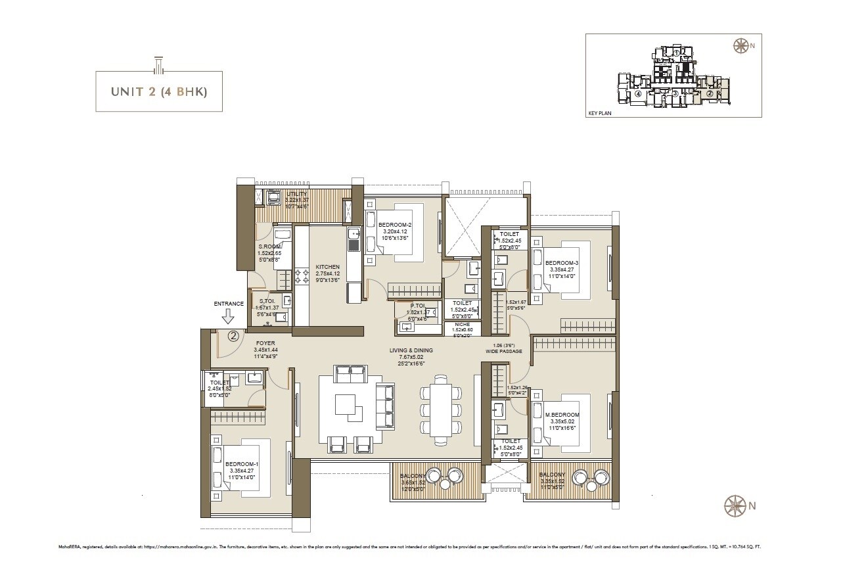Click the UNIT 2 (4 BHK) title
[158, 92]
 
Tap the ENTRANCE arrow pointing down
[228, 317]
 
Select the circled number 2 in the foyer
[233, 336]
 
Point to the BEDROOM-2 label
[394, 225]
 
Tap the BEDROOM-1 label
[242, 464]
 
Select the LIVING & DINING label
[412, 351]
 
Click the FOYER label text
[265, 343]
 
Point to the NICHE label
[462, 325]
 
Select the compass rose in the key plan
[741, 45]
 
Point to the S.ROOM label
[269, 247]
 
